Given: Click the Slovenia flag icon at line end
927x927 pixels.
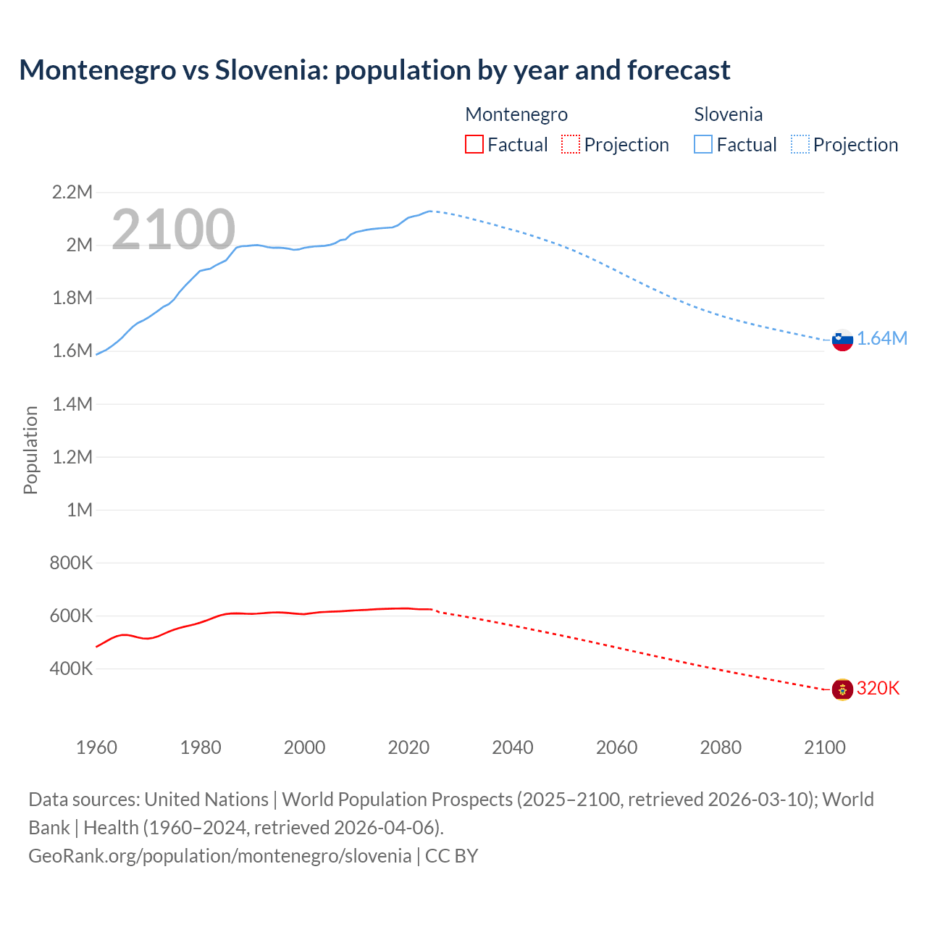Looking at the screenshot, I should [842, 340].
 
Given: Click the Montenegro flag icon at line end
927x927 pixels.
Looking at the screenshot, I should [842, 689].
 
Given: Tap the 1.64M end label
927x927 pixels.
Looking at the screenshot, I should [882, 339].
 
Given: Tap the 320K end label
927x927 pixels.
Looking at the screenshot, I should [878, 688].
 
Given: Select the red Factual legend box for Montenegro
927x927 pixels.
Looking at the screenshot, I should [474, 145].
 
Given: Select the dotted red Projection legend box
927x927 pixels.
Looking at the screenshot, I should [571, 145].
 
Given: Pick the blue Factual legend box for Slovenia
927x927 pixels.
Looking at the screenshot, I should [702, 145].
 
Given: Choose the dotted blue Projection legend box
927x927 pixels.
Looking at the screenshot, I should [800, 145].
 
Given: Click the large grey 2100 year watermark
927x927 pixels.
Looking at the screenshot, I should [173, 230].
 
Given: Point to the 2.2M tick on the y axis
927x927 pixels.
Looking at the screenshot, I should [72, 192].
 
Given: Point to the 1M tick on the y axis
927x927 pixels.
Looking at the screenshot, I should [80, 510].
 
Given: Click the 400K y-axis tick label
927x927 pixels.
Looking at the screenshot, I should [71, 668].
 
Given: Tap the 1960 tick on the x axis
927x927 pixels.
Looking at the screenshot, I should [96, 747].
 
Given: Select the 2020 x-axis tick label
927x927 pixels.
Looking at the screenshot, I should [408, 747].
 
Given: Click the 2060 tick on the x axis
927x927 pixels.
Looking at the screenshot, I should [616, 747].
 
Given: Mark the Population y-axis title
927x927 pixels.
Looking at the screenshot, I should [30, 450].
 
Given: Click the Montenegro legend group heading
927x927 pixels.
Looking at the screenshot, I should [516, 114].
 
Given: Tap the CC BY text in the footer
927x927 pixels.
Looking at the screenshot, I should [451, 856].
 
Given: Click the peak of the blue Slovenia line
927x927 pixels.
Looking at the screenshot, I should [430, 211].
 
